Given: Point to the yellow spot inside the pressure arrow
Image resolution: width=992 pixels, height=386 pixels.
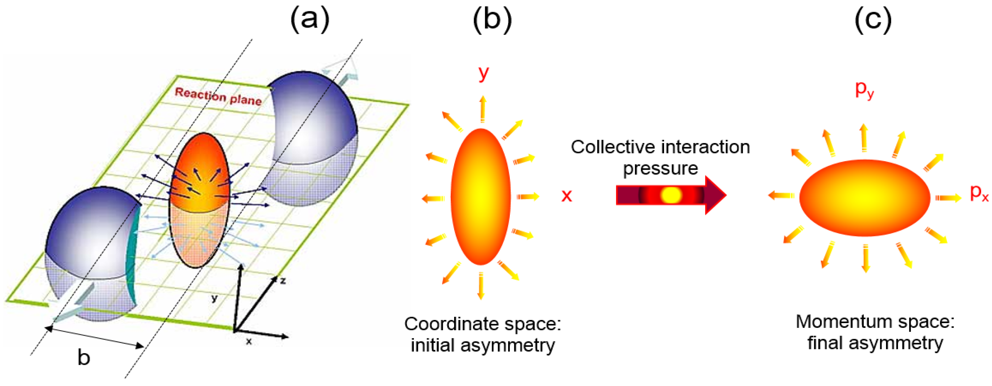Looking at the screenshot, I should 671,195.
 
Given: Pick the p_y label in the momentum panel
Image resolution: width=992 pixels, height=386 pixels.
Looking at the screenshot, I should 864,89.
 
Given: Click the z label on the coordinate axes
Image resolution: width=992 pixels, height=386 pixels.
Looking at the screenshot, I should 283,281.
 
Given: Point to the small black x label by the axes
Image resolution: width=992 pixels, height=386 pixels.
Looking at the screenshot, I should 249,341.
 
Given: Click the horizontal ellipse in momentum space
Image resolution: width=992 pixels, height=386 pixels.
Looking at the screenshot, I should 864,198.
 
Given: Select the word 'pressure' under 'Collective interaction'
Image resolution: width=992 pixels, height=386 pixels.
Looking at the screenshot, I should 660,169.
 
